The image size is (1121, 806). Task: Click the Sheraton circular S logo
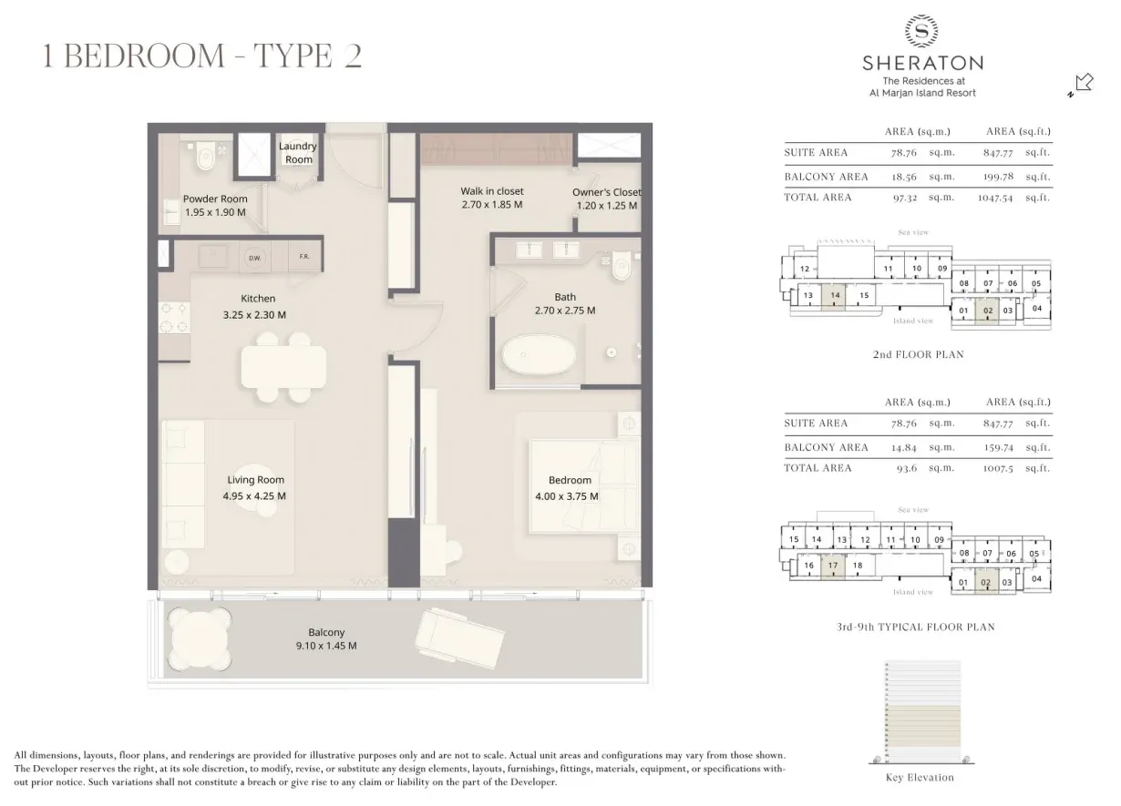click(922, 31)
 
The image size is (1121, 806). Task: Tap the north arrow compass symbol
click(1080, 85)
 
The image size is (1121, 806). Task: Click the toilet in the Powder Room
click(205, 157)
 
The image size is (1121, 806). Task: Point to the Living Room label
click(255, 480)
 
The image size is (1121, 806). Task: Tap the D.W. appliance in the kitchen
click(255, 259)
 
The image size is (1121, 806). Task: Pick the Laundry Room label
click(297, 152)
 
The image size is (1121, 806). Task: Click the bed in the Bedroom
click(571, 483)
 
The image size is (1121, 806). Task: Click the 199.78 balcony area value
click(999, 177)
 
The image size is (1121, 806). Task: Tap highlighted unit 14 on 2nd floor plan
click(834, 296)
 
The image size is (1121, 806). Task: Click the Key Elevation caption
click(920, 778)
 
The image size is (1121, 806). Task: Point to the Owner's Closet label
click(606, 192)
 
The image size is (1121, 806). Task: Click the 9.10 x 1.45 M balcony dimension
click(326, 646)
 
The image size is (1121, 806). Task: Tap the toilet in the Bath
click(622, 267)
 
